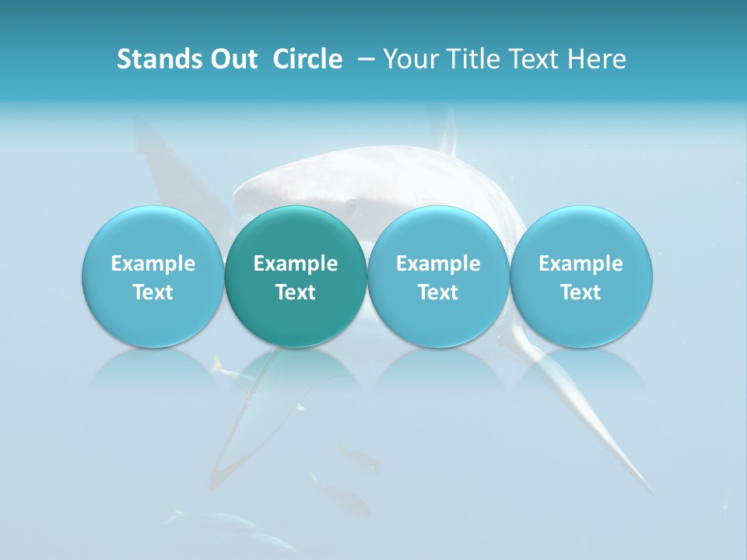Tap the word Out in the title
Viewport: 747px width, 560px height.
(x=234, y=59)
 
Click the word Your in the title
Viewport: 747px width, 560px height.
(x=409, y=59)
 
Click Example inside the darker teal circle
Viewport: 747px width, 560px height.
(x=296, y=264)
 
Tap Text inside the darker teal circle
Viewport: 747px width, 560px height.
(x=296, y=292)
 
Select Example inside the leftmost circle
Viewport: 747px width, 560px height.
(x=153, y=264)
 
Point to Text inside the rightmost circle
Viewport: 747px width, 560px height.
(x=581, y=292)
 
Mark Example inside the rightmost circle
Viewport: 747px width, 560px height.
(x=581, y=264)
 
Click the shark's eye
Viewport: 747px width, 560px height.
(x=352, y=206)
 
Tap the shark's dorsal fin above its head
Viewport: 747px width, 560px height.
(x=447, y=132)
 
